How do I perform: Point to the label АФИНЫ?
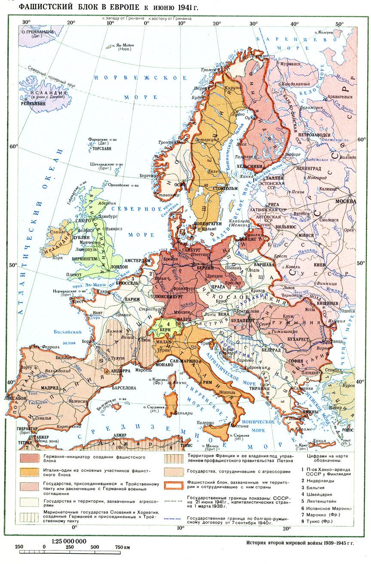click(297, 411)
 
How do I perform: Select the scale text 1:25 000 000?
click(69, 541)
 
